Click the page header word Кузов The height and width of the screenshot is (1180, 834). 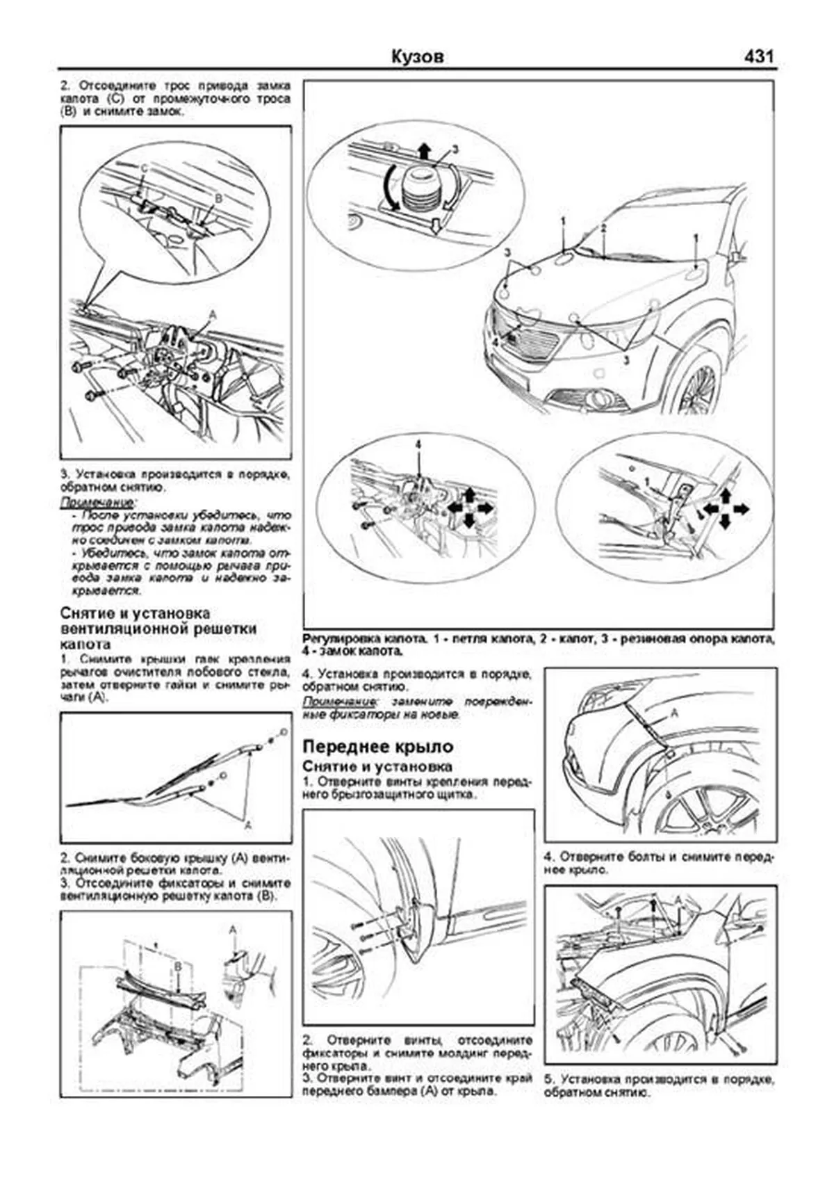pos(417,56)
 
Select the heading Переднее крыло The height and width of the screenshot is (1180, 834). pos(377,746)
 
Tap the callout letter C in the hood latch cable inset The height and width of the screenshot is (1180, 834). pos(144,169)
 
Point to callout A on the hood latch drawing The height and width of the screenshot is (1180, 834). pos(213,314)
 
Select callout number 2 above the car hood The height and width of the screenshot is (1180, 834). pos(603,228)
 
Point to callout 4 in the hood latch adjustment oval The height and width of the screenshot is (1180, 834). pos(418,444)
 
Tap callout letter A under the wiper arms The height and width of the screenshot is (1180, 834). pos(247,825)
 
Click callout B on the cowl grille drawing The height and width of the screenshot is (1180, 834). pos(178,967)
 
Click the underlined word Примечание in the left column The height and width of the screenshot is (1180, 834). pos(97,502)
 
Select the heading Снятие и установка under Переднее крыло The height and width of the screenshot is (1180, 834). pos(377,766)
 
